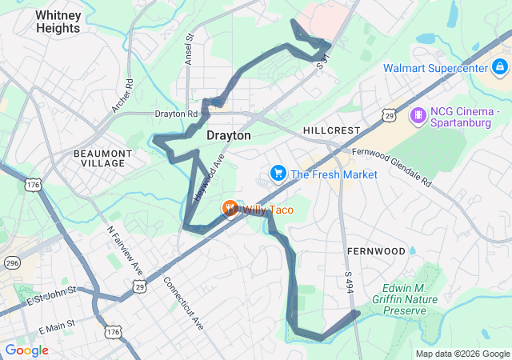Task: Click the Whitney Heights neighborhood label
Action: (58, 22)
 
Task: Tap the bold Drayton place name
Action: (228, 136)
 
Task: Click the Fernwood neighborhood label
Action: (376, 251)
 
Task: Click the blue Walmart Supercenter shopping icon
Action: (500, 67)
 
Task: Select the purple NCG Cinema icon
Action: (418, 117)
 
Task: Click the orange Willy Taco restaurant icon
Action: (230, 210)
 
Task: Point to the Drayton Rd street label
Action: (176, 114)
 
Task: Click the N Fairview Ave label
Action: (126, 247)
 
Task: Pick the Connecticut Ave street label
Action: (183, 302)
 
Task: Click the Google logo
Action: (26, 350)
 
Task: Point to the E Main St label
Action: (56, 326)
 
